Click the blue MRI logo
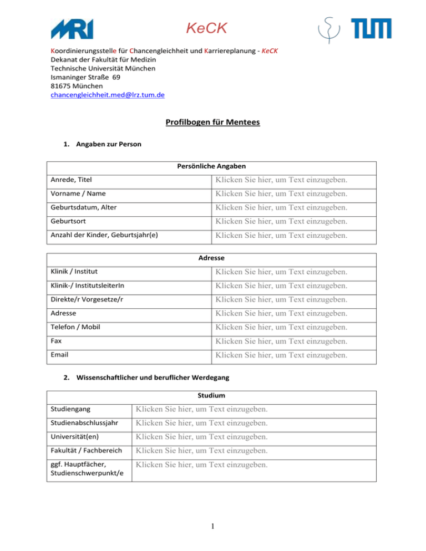pyautogui.click(x=72, y=28)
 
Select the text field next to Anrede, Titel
pyautogui.click(x=282, y=180)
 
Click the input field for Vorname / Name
pyautogui.click(x=282, y=194)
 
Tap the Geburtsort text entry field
pyautogui.click(x=282, y=222)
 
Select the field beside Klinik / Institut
pyautogui.click(x=282, y=272)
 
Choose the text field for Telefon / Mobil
pyautogui.click(x=282, y=327)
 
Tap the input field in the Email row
pyautogui.click(x=282, y=354)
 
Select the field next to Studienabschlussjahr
pyautogui.click(x=202, y=424)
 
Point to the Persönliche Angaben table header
pyautogui.click(x=211, y=166)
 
